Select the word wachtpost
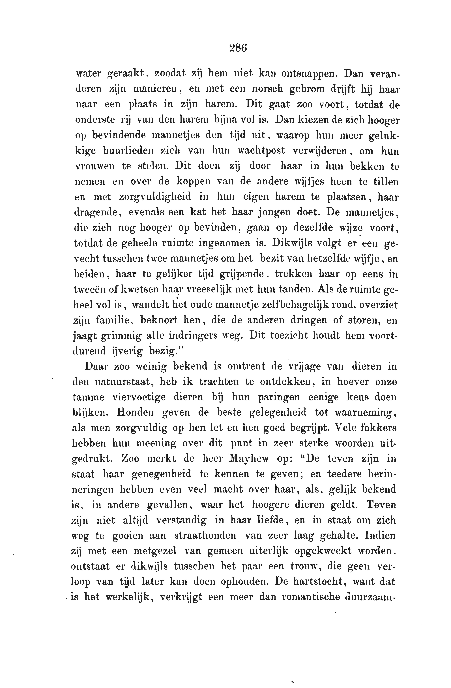tap(261, 151)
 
